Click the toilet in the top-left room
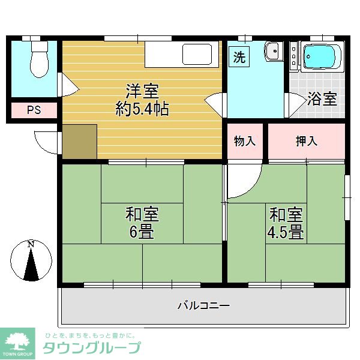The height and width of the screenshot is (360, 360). coord(38,59)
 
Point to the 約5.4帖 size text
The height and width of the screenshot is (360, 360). coord(142,109)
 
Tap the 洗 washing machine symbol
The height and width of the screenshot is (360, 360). coord(239,58)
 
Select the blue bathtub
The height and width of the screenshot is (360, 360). coord(322,58)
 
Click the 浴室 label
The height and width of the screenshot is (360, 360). coord(322,99)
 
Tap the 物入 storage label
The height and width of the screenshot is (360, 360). coord(245,142)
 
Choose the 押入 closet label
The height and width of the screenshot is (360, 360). coord(306,142)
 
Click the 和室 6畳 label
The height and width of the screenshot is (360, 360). coord(142,222)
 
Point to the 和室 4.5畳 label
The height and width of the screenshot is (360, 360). coord(286,223)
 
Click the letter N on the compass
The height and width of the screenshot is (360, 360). coord(31,245)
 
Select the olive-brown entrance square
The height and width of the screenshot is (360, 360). coord(79,142)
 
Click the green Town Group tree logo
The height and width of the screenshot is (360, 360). coord(19,342)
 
